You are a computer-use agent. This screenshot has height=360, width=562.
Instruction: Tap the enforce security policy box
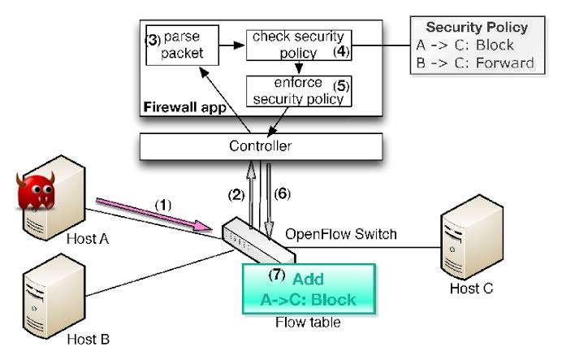(299, 91)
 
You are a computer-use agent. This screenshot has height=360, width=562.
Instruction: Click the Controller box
(261, 146)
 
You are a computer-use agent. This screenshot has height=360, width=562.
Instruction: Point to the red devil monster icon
(36, 190)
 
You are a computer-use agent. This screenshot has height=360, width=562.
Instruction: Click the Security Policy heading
(477, 28)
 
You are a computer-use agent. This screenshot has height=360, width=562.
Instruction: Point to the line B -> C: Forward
(480, 63)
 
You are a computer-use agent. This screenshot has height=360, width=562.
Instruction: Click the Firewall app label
(181, 107)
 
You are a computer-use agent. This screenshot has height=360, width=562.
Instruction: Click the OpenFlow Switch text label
(340, 235)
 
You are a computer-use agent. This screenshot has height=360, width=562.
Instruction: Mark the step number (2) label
(236, 194)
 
